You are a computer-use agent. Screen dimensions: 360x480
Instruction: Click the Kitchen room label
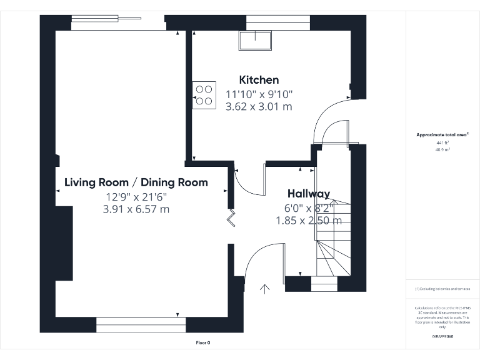click(x=259, y=80)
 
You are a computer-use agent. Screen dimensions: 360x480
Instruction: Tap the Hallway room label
click(x=308, y=194)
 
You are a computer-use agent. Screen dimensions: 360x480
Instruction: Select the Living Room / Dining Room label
click(x=136, y=182)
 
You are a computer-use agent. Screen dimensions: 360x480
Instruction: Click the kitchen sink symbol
click(x=255, y=39)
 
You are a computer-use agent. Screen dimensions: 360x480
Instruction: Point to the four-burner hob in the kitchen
click(x=204, y=94)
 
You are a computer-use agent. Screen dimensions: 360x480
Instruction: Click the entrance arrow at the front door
click(x=265, y=289)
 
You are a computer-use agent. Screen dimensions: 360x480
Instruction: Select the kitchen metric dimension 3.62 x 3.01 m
click(x=259, y=107)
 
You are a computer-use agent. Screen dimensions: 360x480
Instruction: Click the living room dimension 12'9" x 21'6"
click(x=136, y=197)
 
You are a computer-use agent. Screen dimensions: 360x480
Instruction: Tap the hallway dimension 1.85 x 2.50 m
click(x=308, y=220)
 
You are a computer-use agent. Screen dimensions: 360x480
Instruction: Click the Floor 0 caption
click(x=204, y=342)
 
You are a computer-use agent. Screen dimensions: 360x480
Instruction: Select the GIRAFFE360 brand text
click(x=442, y=337)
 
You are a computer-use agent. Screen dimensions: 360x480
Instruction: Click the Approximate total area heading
click(x=442, y=134)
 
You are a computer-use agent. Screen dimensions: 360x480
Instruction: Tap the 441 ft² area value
click(x=442, y=143)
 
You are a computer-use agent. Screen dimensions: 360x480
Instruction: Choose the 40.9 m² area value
click(x=442, y=150)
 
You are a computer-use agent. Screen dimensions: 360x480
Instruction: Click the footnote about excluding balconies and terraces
click(x=442, y=289)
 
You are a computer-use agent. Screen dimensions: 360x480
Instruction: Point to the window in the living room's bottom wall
click(x=141, y=324)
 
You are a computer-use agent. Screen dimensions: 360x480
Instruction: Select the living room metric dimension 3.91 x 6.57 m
click(x=136, y=209)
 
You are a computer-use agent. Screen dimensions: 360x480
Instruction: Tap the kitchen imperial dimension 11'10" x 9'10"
click(x=259, y=94)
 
